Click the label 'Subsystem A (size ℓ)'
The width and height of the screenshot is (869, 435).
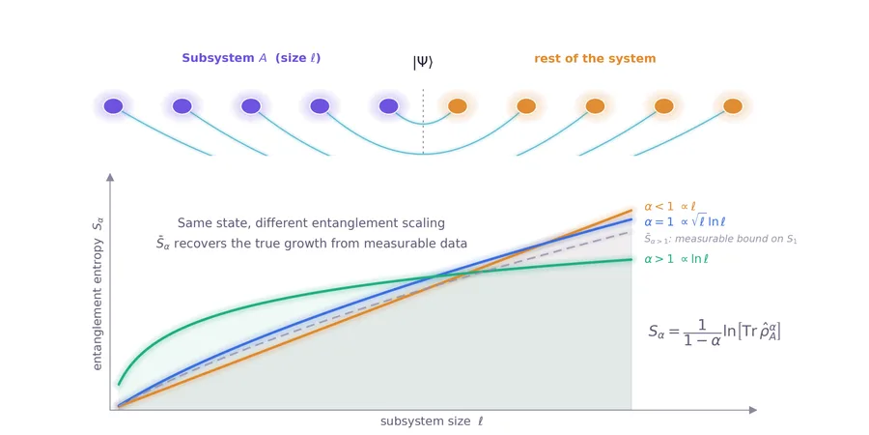pyautogui.click(x=251, y=58)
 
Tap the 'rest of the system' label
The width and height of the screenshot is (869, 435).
pyautogui.click(x=595, y=58)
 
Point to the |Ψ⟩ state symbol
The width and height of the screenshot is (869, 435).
pyautogui.click(x=423, y=62)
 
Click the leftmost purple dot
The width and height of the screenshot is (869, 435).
pyautogui.click(x=113, y=106)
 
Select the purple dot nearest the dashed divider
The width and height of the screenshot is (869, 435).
pyautogui.click(x=388, y=106)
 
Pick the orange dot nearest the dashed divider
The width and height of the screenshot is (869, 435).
pyautogui.click(x=458, y=106)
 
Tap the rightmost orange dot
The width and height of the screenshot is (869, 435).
pyautogui.click(x=733, y=106)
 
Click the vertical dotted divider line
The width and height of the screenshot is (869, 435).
pyautogui.click(x=424, y=121)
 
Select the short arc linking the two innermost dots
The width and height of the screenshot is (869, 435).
pyautogui.click(x=423, y=124)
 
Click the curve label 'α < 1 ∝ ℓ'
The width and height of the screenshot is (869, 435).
pyautogui.click(x=670, y=207)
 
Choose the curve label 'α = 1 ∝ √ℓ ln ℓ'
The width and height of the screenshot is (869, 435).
pyautogui.click(x=685, y=222)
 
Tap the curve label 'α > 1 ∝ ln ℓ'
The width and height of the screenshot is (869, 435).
pyautogui.click(x=677, y=258)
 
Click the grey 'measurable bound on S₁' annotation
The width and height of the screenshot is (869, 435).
pyautogui.click(x=720, y=239)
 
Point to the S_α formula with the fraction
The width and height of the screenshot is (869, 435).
pyautogui.click(x=715, y=333)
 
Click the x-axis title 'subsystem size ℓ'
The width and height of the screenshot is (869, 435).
pyautogui.click(x=432, y=421)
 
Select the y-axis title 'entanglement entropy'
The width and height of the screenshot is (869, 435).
pyautogui.click(x=98, y=303)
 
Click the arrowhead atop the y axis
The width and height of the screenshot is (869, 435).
pyautogui.click(x=110, y=177)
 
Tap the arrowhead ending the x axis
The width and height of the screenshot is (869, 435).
pyautogui.click(x=752, y=410)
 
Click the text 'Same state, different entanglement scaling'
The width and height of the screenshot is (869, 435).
pyautogui.click(x=312, y=223)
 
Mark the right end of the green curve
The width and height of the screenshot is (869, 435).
pyautogui.click(x=631, y=259)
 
